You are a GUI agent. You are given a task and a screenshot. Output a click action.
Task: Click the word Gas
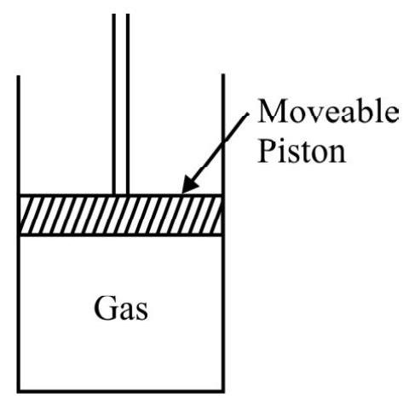click(121, 309)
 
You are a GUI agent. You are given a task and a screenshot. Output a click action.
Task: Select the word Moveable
click(328, 111)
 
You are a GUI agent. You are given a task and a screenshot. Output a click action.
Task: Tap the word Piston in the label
click(302, 150)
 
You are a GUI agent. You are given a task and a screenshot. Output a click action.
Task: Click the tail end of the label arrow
click(248, 113)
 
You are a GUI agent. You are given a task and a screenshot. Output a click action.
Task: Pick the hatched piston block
click(121, 215)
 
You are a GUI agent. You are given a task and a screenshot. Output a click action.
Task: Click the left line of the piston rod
click(114, 104)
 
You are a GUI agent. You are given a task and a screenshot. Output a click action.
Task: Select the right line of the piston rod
click(128, 104)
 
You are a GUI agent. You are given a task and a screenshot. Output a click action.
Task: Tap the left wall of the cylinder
click(19, 234)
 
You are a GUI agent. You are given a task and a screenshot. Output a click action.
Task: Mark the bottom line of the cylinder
click(121, 391)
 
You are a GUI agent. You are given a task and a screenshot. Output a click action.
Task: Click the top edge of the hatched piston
click(121, 195)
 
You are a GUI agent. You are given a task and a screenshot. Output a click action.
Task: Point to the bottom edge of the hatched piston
click(121, 234)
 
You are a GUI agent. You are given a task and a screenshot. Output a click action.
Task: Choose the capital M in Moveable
click(273, 111)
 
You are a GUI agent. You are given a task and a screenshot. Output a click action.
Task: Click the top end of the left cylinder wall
click(19, 76)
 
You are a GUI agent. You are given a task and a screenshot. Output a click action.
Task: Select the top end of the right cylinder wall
click(223, 74)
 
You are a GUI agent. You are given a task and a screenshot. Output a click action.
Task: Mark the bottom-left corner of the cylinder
click(19, 391)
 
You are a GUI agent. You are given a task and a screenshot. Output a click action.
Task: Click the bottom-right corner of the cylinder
click(223, 391)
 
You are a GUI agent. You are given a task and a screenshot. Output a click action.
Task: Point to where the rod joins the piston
click(121, 194)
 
